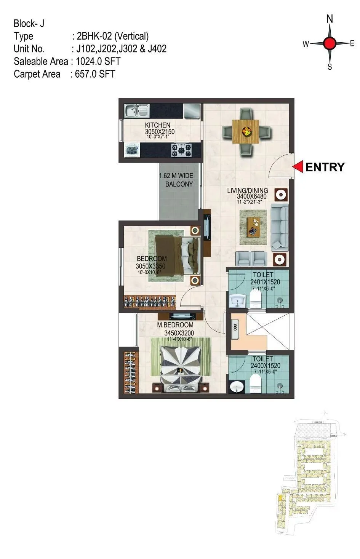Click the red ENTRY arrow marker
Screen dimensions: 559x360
(298, 167)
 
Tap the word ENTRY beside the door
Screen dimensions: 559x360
(325, 167)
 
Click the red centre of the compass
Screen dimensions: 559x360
(330, 43)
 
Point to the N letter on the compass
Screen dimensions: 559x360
(330, 19)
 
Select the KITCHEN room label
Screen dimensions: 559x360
(157, 125)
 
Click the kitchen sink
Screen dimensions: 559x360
(137, 111)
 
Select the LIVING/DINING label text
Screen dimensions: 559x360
(248, 190)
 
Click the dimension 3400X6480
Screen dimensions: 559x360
(251, 196)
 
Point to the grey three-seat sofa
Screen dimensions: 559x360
(280, 227)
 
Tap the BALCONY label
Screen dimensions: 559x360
(179, 184)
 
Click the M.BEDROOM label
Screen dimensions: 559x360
(175, 325)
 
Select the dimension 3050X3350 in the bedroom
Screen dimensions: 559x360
(150, 266)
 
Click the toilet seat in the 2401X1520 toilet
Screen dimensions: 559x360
(256, 299)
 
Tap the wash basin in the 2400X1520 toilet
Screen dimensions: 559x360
(237, 386)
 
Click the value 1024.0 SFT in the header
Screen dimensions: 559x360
(98, 61)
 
